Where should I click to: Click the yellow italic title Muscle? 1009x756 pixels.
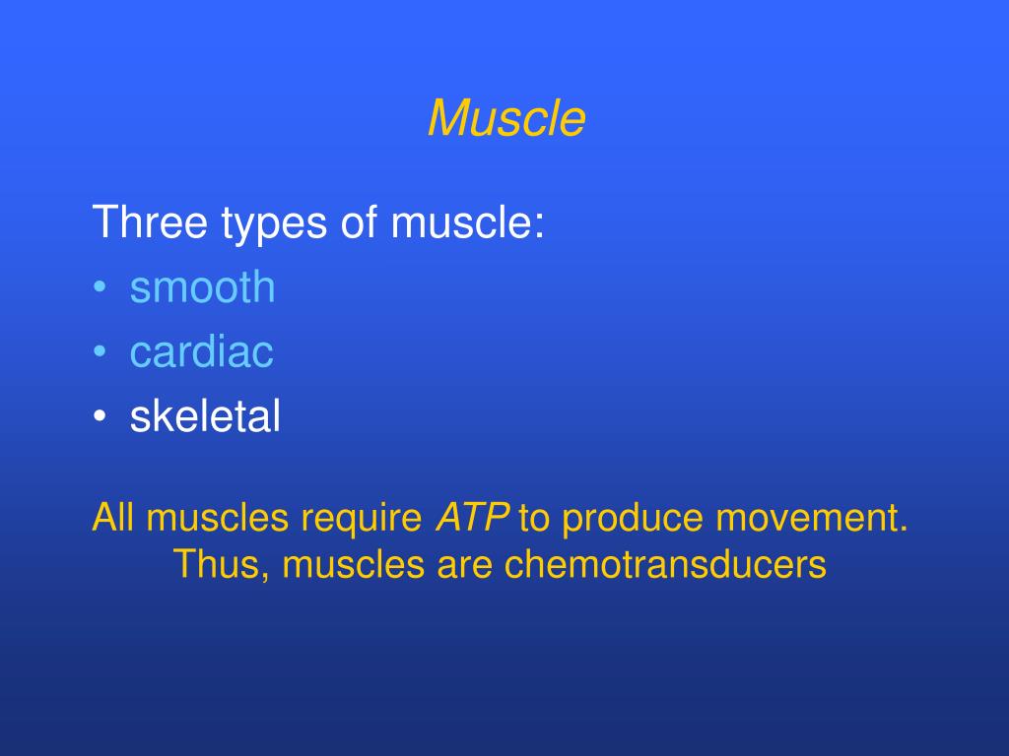(506, 119)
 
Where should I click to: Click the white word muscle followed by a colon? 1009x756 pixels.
(467, 222)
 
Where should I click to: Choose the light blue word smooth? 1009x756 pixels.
(202, 287)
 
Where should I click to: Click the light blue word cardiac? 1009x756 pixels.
(201, 352)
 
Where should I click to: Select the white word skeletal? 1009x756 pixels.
(205, 417)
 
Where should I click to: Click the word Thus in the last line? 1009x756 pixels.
(216, 565)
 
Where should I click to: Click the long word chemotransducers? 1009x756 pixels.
(665, 565)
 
